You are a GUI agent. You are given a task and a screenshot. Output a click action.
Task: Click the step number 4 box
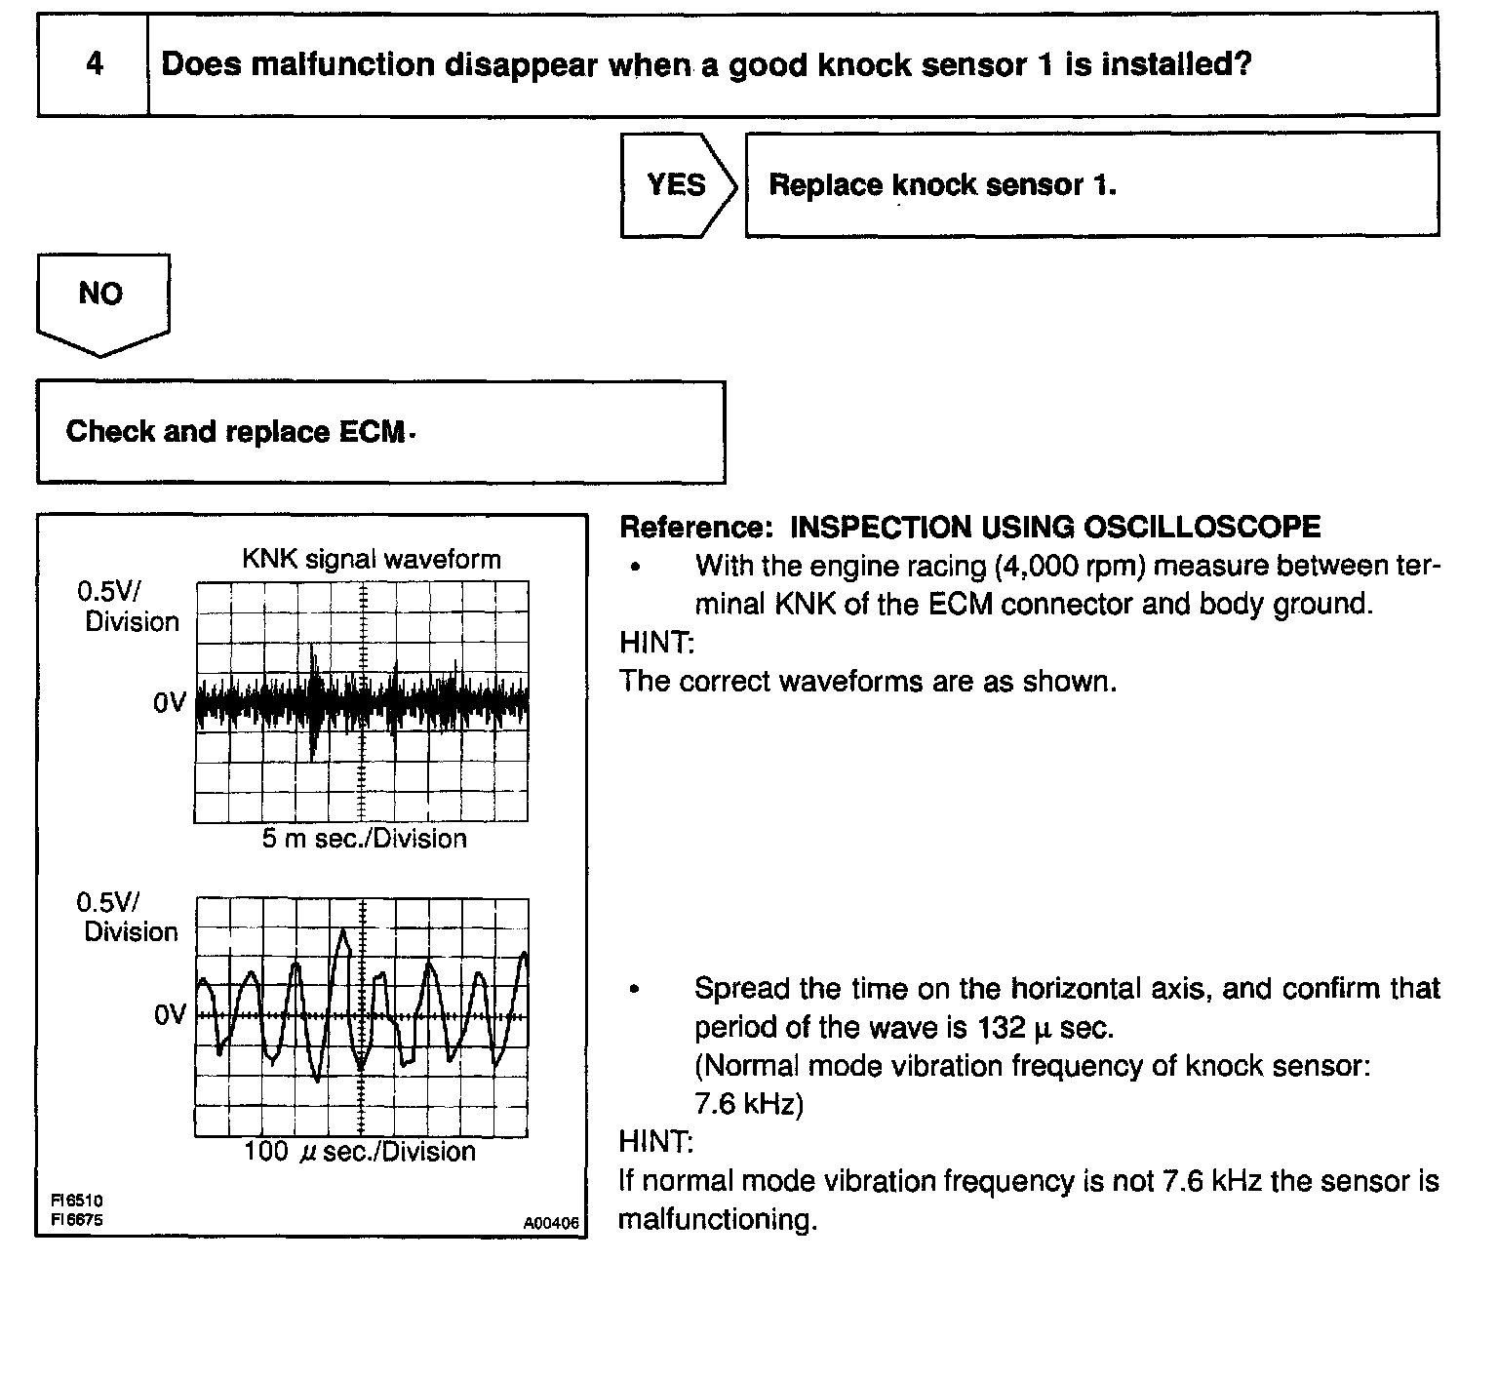[94, 65]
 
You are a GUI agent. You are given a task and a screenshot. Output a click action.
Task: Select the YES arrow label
[676, 184]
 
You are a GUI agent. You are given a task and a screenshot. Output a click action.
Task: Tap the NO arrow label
[100, 294]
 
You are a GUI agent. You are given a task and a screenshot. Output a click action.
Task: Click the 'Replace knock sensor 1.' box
[1091, 184]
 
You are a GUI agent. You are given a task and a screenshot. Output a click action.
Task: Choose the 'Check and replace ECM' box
[380, 432]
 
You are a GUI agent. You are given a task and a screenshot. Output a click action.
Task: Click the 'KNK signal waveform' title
[371, 560]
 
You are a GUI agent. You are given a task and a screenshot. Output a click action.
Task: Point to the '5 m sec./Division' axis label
[364, 839]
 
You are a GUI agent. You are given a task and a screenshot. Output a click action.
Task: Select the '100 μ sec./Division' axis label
[360, 1152]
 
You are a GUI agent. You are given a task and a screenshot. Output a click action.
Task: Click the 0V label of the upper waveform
[169, 702]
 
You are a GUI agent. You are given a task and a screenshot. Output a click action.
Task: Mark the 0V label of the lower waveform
[169, 1015]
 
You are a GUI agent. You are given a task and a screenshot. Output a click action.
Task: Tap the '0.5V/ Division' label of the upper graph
[131, 607]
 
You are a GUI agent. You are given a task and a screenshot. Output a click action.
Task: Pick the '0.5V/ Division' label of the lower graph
[131, 917]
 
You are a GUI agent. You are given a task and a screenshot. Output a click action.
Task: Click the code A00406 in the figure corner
[551, 1222]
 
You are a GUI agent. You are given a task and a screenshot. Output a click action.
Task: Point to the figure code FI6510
[77, 1202]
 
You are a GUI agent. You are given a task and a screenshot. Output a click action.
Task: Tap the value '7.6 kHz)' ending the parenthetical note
[748, 1105]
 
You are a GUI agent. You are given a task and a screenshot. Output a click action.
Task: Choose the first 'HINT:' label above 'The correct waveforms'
[655, 643]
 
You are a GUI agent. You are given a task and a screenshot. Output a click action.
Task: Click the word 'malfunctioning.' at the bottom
[718, 1220]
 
